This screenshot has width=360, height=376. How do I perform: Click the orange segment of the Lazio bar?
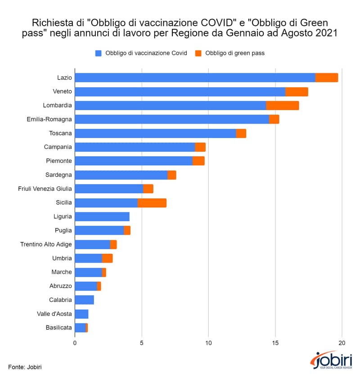click(326, 78)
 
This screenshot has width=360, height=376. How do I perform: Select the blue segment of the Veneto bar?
click(180, 92)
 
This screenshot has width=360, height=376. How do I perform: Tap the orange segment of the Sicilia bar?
click(152, 203)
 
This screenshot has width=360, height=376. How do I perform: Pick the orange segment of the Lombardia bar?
click(283, 106)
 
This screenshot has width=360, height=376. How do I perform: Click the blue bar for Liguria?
click(102, 216)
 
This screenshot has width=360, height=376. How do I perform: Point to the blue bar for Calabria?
click(85, 300)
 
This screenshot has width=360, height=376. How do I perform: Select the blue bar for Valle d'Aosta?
click(81, 314)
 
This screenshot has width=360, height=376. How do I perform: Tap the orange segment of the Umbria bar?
click(107, 258)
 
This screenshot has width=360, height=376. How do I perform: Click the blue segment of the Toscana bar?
click(156, 133)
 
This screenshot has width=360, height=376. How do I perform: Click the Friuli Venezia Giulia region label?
click(45, 189)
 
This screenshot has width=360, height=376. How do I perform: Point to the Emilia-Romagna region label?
click(49, 119)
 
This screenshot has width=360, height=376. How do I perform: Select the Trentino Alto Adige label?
click(46, 244)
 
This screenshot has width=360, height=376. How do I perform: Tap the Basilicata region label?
click(59, 327)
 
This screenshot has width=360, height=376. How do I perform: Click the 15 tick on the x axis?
click(275, 343)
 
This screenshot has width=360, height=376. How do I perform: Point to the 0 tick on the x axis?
click(75, 343)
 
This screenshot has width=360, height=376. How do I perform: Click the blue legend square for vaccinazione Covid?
click(99, 53)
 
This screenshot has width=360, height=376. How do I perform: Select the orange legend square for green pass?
click(198, 53)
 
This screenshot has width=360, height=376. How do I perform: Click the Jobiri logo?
click(331, 360)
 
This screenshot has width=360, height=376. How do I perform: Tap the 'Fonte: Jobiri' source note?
click(25, 367)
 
